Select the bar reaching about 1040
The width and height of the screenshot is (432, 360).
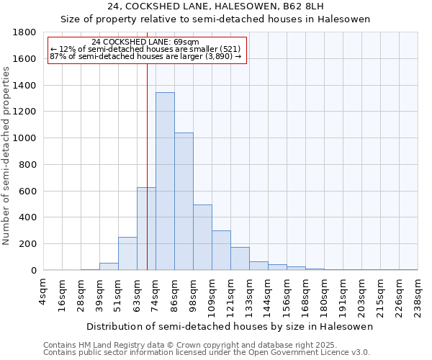[184, 202]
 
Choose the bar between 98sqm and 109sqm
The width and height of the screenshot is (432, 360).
[202, 238]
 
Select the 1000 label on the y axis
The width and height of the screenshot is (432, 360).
[26, 138]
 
